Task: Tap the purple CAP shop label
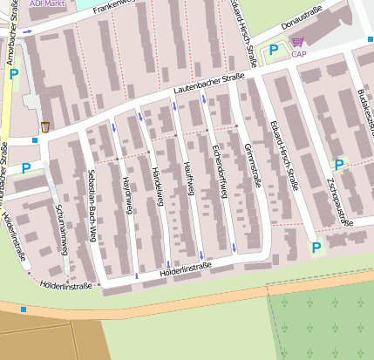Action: [x=299, y=54]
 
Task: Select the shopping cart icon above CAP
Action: [x=298, y=41]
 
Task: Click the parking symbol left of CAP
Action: [x=274, y=52]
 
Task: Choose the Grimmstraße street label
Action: [x=255, y=165]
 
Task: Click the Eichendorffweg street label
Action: [x=221, y=171]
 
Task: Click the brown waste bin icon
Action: [x=44, y=127]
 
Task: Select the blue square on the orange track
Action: [x=23, y=309]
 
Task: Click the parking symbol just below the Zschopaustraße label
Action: [x=316, y=248]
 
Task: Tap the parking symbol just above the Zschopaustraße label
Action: [x=339, y=164]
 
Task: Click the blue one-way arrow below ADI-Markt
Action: [x=29, y=31]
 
